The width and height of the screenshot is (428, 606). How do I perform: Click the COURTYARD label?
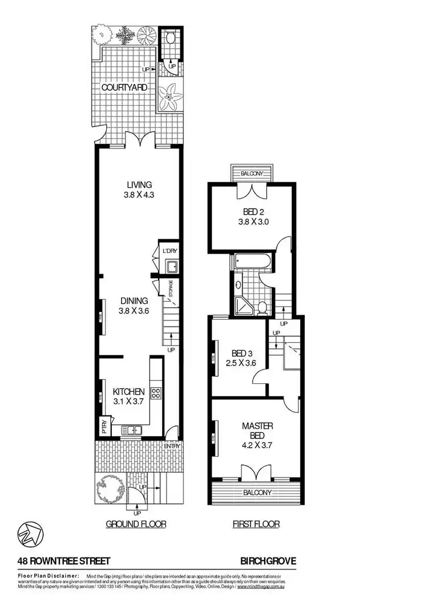[x=124, y=87]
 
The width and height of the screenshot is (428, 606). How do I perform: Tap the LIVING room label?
[x=139, y=184]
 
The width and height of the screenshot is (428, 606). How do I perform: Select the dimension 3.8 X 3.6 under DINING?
[x=134, y=311]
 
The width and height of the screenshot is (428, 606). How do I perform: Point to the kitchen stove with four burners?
[x=155, y=394]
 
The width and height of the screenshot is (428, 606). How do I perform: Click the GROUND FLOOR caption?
[x=136, y=523]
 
